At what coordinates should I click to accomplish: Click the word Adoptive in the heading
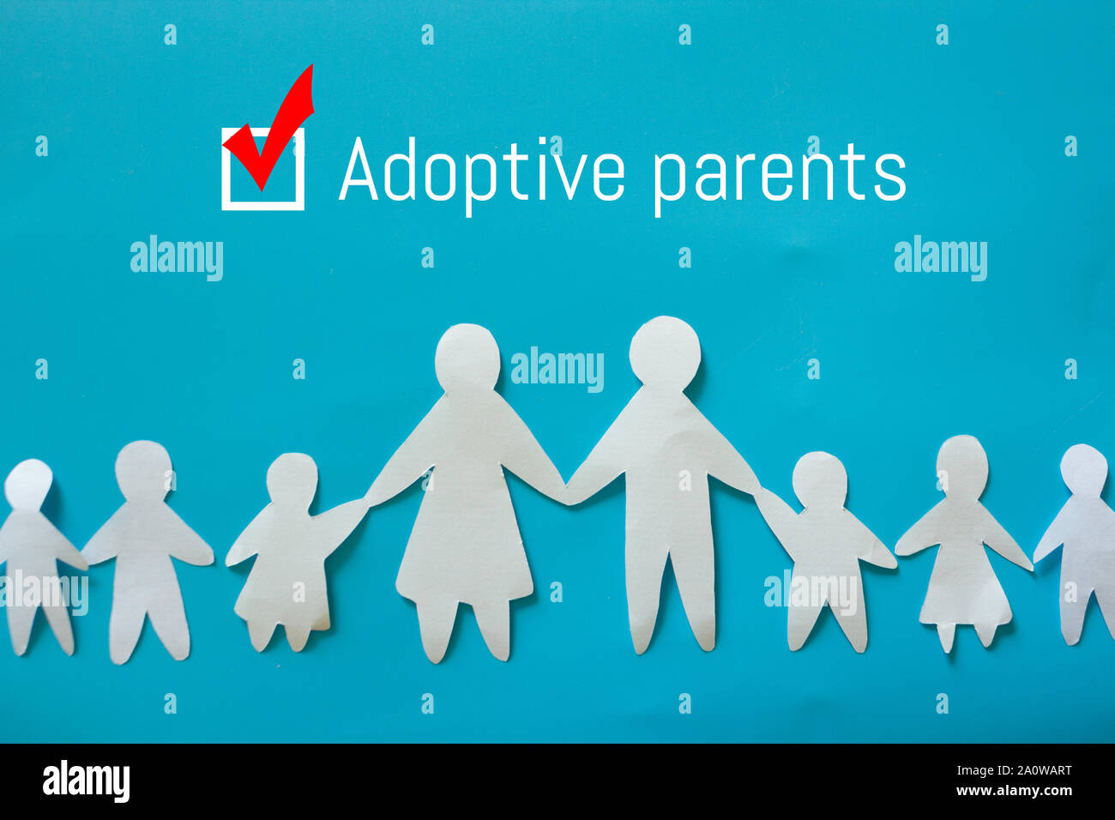[481, 171]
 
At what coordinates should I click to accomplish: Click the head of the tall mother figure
[467, 358]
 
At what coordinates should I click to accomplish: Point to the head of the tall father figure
[665, 353]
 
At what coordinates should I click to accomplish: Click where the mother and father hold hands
[566, 492]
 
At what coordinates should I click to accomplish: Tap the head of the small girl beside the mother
[292, 479]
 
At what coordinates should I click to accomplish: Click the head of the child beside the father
[818, 479]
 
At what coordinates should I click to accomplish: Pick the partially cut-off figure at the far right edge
[1085, 540]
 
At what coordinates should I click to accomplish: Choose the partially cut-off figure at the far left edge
[31, 549]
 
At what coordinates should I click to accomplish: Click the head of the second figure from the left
[143, 469]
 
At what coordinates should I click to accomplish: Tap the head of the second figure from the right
[961, 466]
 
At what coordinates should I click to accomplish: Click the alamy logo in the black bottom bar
[86, 781]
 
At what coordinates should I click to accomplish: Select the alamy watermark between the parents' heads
[557, 369]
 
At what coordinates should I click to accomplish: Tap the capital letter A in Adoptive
[359, 171]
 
